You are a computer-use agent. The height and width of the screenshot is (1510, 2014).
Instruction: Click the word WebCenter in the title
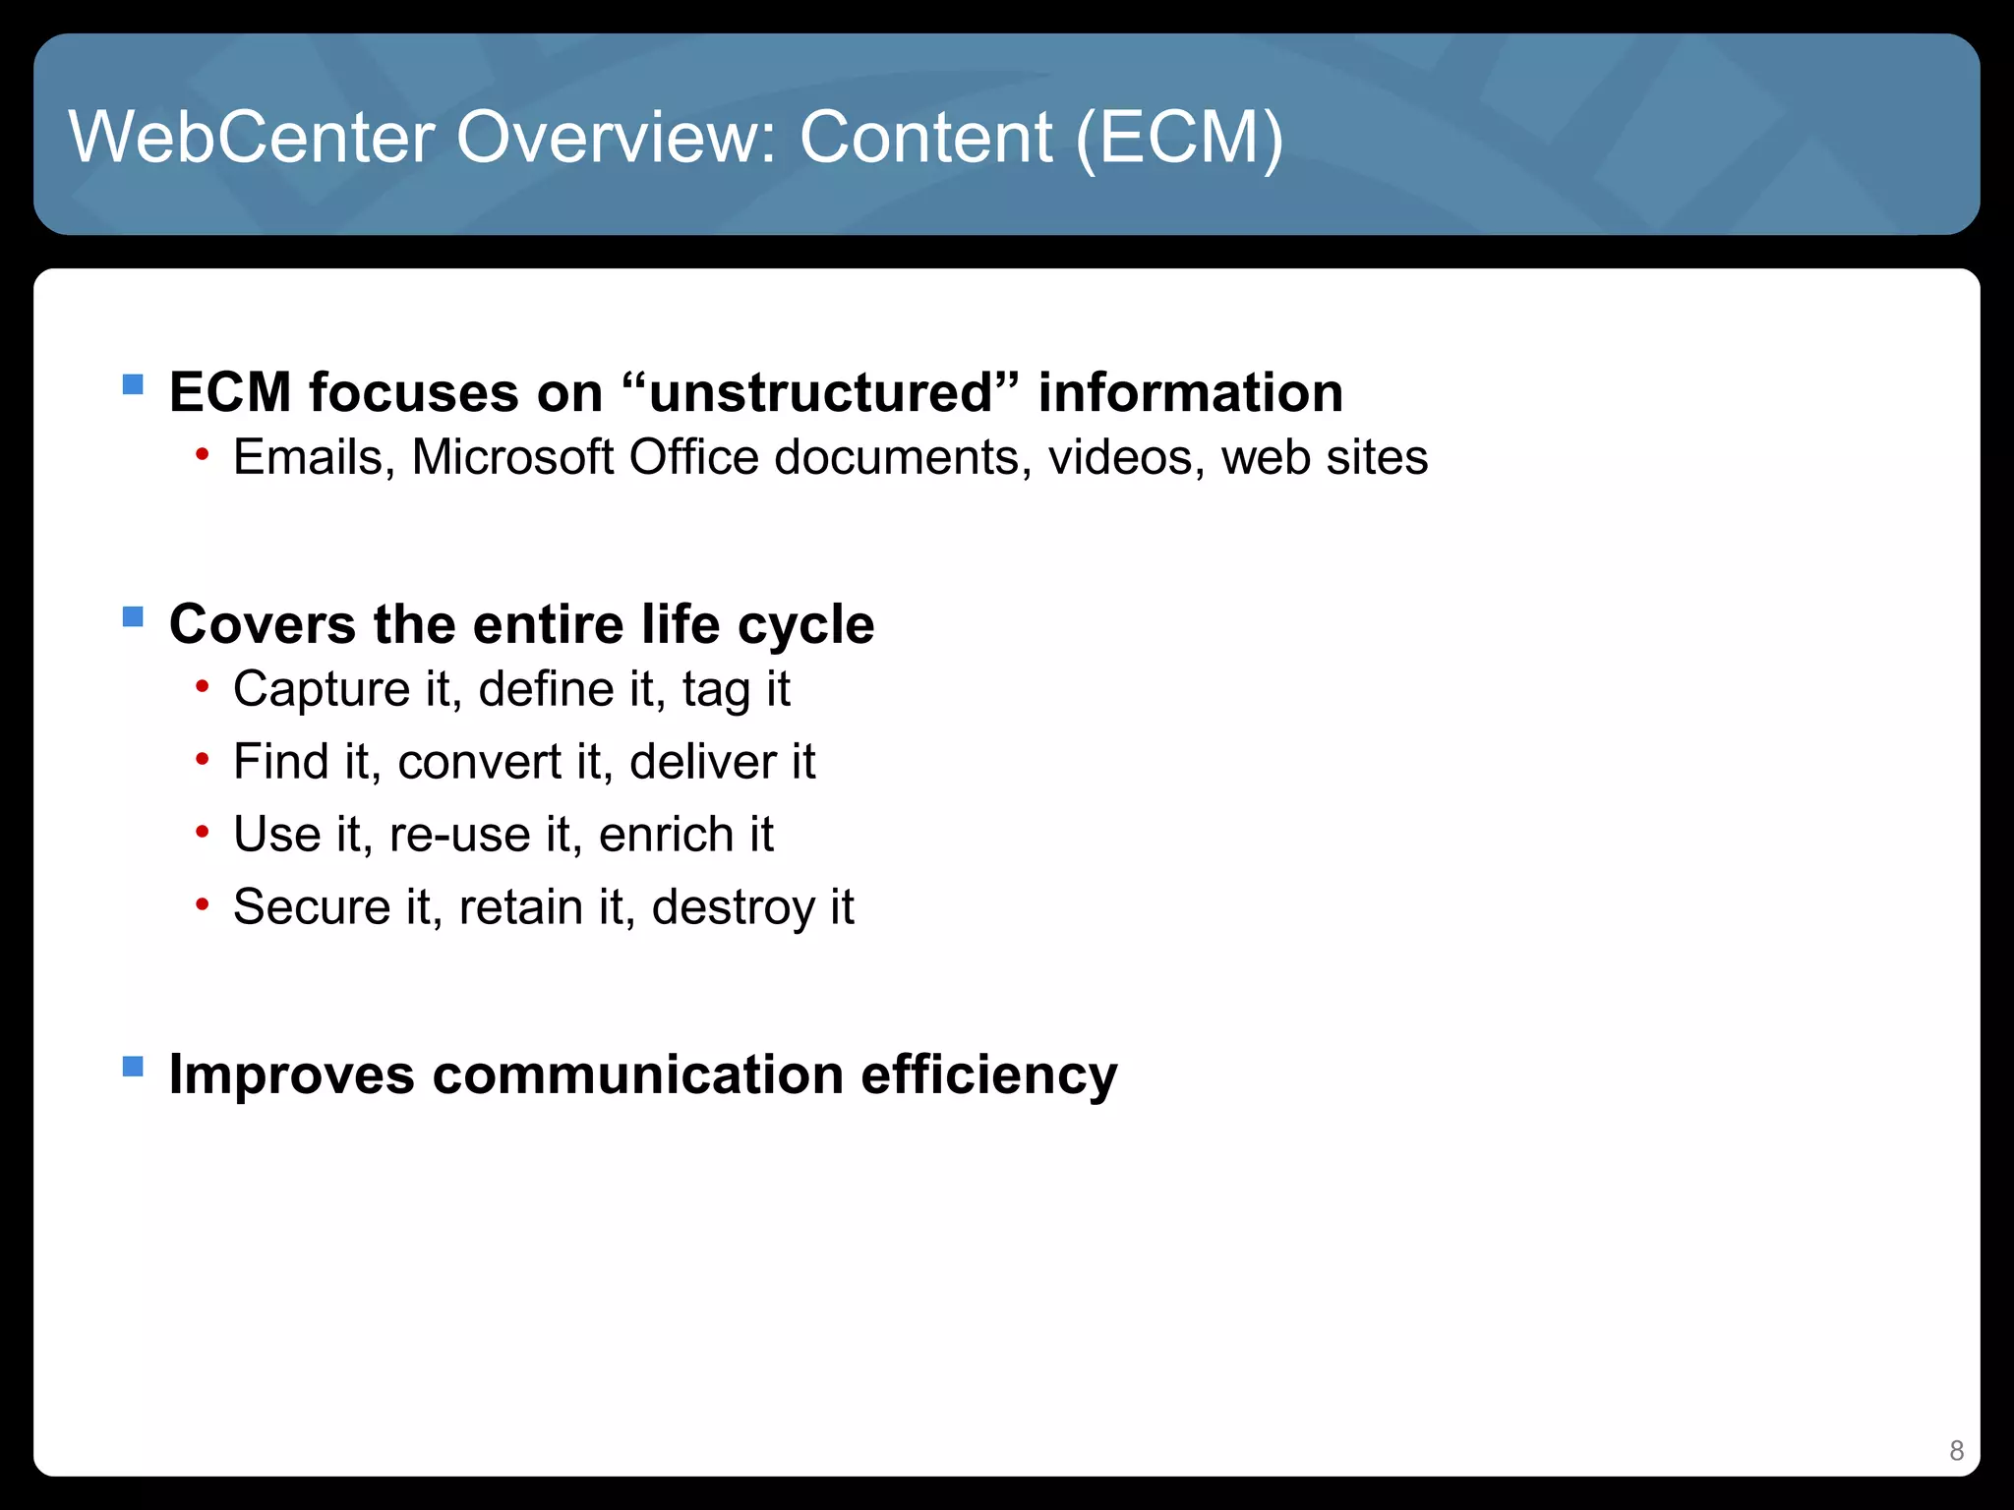click(252, 137)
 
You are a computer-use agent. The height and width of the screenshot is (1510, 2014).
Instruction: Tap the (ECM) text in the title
click(1179, 137)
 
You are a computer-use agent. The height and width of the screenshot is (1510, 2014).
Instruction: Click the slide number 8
click(1956, 1450)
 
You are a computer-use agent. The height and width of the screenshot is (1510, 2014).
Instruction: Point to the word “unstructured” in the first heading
click(821, 392)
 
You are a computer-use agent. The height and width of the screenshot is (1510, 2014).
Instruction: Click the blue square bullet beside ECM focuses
click(133, 383)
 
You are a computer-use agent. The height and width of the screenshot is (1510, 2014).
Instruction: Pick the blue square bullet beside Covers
click(133, 616)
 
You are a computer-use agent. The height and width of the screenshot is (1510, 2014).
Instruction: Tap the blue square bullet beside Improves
click(133, 1066)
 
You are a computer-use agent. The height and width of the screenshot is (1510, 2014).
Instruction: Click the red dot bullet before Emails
click(202, 453)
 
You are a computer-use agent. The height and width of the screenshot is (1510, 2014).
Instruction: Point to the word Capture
click(321, 689)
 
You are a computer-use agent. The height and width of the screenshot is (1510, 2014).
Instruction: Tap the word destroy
click(733, 908)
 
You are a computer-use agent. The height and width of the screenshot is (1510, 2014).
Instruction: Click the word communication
click(637, 1074)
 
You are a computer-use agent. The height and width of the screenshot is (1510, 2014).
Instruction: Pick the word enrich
click(666, 835)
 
